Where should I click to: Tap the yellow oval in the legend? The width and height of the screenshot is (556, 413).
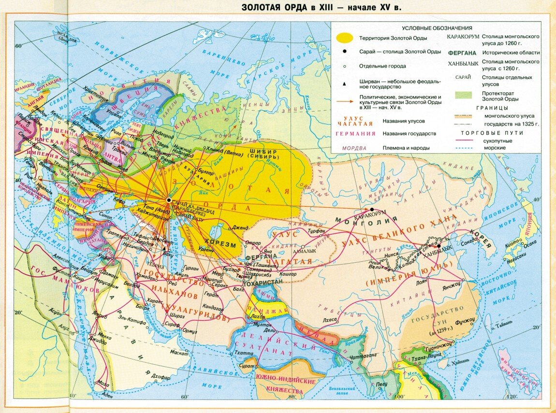(344, 38)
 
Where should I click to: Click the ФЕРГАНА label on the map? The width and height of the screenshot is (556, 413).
(261, 256)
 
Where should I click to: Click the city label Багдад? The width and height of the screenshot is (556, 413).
(132, 285)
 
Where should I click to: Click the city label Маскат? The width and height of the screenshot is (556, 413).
(179, 353)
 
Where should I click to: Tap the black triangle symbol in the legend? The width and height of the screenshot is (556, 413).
(344, 84)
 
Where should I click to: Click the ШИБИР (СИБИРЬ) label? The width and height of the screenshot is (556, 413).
(263, 154)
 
